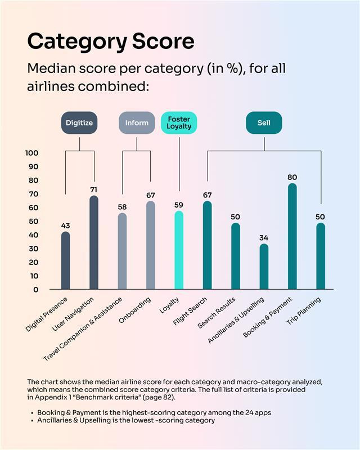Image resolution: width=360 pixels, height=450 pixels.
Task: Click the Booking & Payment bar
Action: tap(292, 236)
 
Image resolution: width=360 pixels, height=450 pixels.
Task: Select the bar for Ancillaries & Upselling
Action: tap(264, 267)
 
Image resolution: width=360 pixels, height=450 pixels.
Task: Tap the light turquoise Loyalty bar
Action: tap(179, 250)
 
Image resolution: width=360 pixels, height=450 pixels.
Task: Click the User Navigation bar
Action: tap(94, 242)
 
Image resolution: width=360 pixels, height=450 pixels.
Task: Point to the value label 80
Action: tap(292, 177)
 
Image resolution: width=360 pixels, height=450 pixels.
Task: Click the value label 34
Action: tap(264, 237)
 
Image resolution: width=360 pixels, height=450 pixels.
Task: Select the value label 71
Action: tap(94, 190)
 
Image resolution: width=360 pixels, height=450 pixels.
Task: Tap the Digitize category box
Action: tap(79, 123)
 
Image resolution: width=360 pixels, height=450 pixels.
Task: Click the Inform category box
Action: tap(137, 123)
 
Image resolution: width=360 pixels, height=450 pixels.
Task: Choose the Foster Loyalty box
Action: tap(179, 123)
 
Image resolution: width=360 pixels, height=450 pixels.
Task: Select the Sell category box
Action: tap(264, 123)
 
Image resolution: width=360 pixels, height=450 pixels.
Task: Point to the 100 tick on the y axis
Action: tap(31, 153)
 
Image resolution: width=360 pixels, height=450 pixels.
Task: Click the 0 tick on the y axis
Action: tap(35, 290)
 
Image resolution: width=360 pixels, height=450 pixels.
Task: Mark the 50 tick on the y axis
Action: tap(34, 221)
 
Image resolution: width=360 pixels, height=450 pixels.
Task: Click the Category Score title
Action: tap(111, 41)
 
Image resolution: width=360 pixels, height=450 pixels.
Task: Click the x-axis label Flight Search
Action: tap(190, 313)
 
